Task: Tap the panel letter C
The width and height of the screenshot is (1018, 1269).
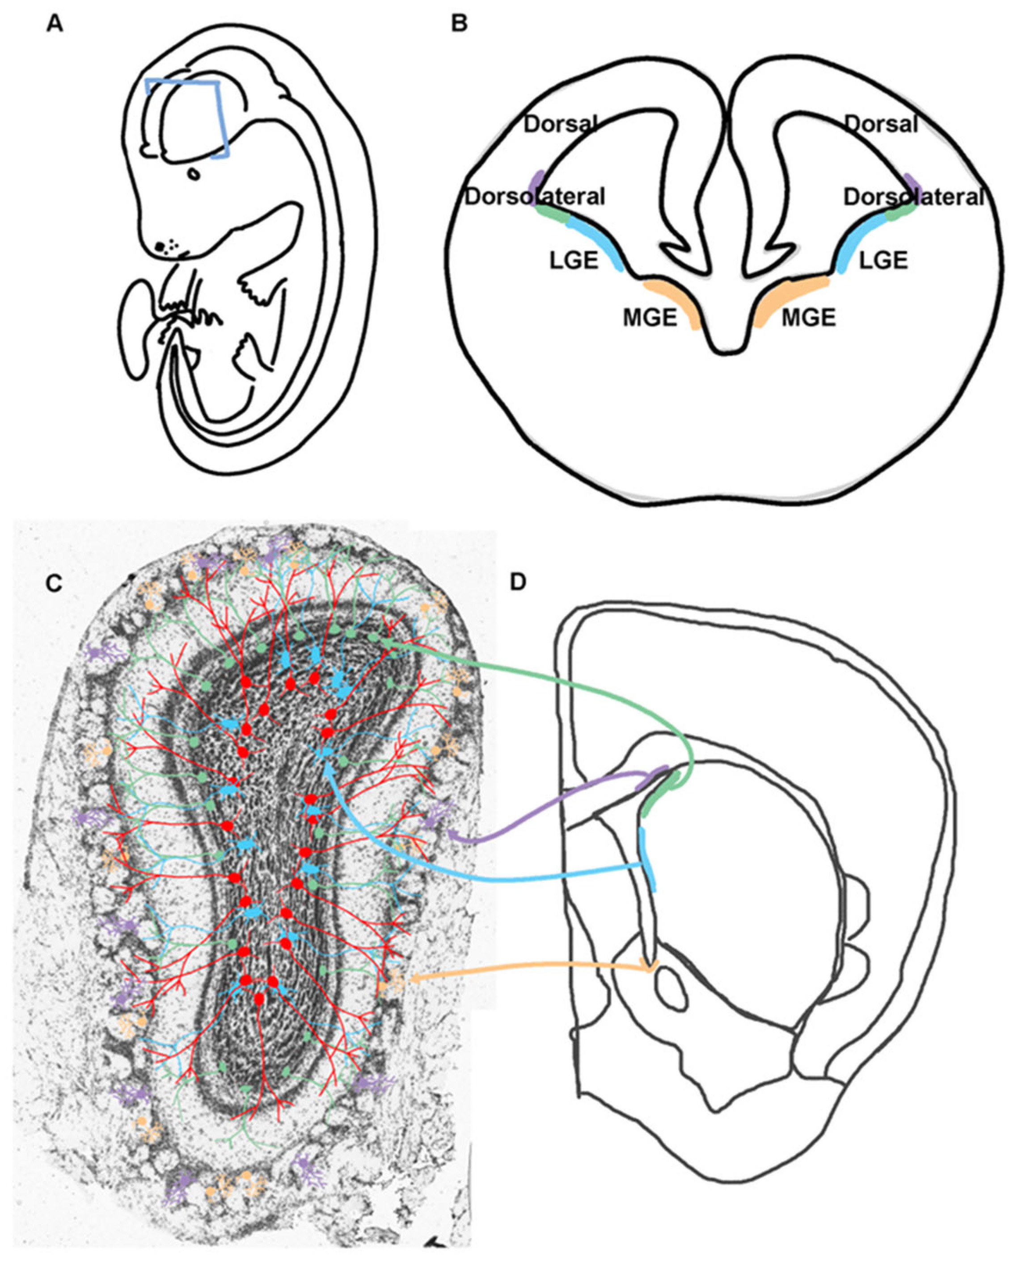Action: click(54, 583)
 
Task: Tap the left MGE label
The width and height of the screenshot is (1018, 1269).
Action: click(650, 319)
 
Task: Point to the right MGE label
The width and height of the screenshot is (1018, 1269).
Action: click(808, 319)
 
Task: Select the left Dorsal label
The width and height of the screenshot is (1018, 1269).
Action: click(561, 124)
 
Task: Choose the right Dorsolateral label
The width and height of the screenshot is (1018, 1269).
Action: click(913, 197)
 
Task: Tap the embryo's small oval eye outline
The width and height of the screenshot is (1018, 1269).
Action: click(193, 174)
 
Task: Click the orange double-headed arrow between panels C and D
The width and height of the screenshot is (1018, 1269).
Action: click(530, 966)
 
